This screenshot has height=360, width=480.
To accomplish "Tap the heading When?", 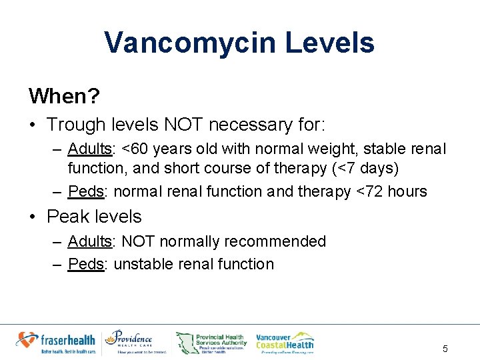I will pyautogui.click(x=64, y=96).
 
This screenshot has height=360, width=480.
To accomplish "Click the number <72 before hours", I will pyautogui.click(x=370, y=191).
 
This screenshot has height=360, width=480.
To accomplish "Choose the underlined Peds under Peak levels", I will pyautogui.click(x=86, y=264).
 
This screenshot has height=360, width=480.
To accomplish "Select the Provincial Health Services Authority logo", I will pyautogui.click(x=211, y=343).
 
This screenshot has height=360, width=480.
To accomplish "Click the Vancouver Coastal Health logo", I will pyautogui.click(x=285, y=341).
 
